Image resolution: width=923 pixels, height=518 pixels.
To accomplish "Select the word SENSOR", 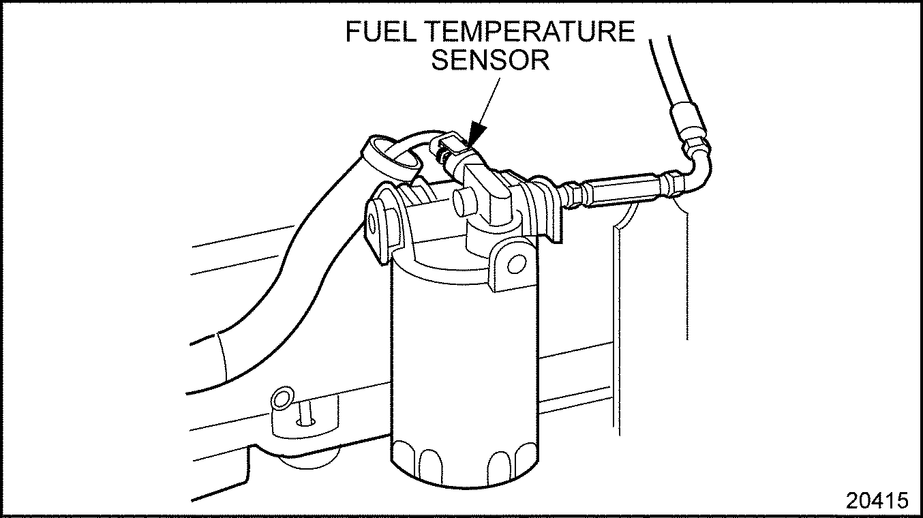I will [490, 60].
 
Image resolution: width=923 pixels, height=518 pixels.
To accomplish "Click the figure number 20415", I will [877, 500].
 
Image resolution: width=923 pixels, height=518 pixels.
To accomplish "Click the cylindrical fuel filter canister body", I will [464, 361].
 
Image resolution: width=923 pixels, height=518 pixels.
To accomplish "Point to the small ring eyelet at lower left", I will [282, 398].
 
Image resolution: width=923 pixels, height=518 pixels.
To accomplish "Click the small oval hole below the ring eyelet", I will [305, 422].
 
